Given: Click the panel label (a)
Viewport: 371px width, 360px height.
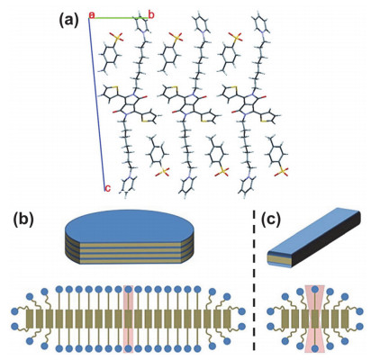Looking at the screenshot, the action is (68, 21).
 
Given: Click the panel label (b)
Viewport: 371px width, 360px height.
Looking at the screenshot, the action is (23, 220).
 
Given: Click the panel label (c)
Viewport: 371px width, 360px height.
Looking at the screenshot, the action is (270, 220).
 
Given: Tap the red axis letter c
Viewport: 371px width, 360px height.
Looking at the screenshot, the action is (107, 188).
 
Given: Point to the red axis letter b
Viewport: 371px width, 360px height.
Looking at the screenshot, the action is (151, 15).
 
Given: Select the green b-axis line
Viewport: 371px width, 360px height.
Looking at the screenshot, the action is (119, 18).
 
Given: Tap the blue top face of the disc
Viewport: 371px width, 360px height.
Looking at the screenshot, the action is (130, 226).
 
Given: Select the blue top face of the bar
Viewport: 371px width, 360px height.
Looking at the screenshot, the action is (312, 229).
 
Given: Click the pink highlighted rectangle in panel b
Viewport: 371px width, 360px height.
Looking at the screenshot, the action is (129, 319).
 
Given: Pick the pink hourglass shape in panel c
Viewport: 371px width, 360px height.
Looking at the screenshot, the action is (314, 319).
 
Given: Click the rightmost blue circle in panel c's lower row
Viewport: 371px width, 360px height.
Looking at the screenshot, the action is (360, 326).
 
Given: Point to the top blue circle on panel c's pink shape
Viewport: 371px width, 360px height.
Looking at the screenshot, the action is (315, 290).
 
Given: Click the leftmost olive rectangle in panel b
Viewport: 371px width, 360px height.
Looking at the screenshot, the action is (30, 319).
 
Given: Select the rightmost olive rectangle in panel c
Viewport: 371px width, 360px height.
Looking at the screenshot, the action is (345, 319).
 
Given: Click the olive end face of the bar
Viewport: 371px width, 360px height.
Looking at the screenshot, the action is (279, 260).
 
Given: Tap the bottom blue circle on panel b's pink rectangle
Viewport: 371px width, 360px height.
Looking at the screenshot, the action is (129, 348).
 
